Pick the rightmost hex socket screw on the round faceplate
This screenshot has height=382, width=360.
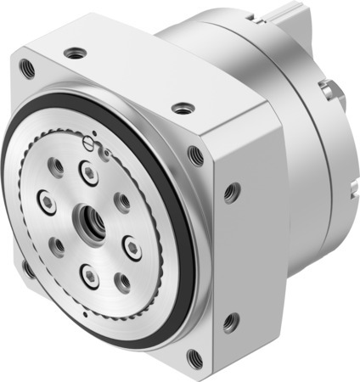[x=133, y=247]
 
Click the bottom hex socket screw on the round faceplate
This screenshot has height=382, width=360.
[x=89, y=274]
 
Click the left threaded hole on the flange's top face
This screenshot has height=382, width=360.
[x=79, y=53]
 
